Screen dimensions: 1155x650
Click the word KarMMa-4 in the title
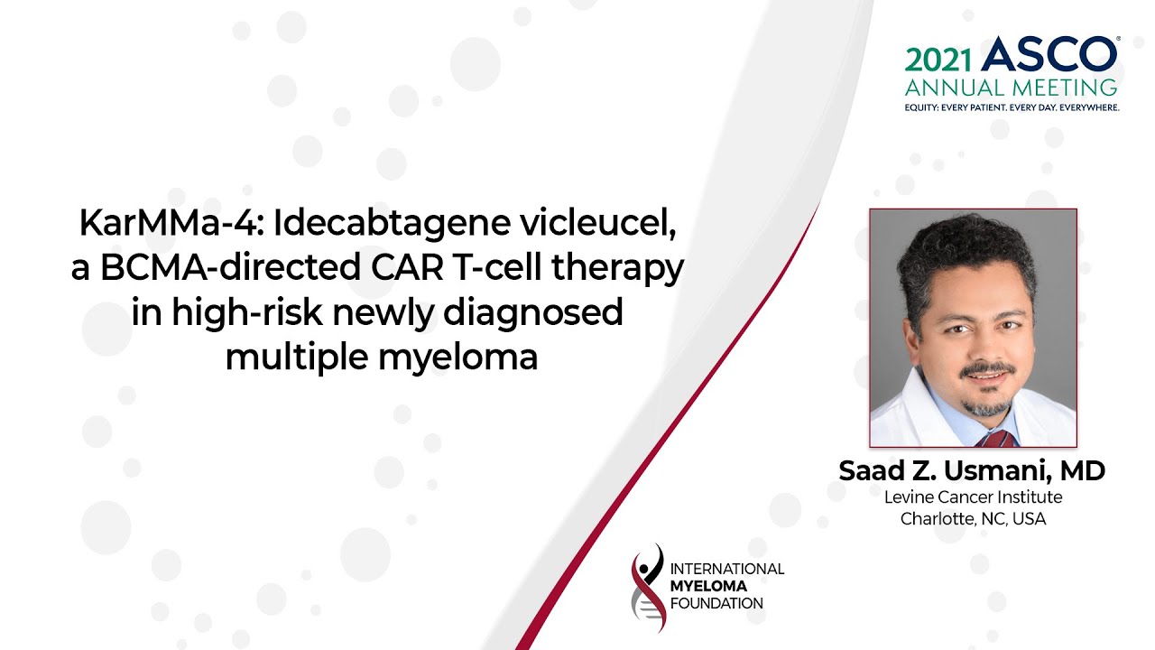171,223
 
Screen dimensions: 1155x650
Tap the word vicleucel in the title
598,223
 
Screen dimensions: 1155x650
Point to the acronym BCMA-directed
230,268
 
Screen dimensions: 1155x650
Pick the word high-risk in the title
247,312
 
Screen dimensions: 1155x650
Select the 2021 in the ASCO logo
938,60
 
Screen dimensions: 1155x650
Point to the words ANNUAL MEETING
1012,88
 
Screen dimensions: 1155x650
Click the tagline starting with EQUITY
1012,107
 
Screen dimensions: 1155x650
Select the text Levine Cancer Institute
974,497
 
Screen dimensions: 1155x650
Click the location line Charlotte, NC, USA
974,519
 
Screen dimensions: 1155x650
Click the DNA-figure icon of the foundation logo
648,588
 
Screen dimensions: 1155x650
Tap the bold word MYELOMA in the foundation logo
708,587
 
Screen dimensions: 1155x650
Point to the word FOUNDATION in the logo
716,604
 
